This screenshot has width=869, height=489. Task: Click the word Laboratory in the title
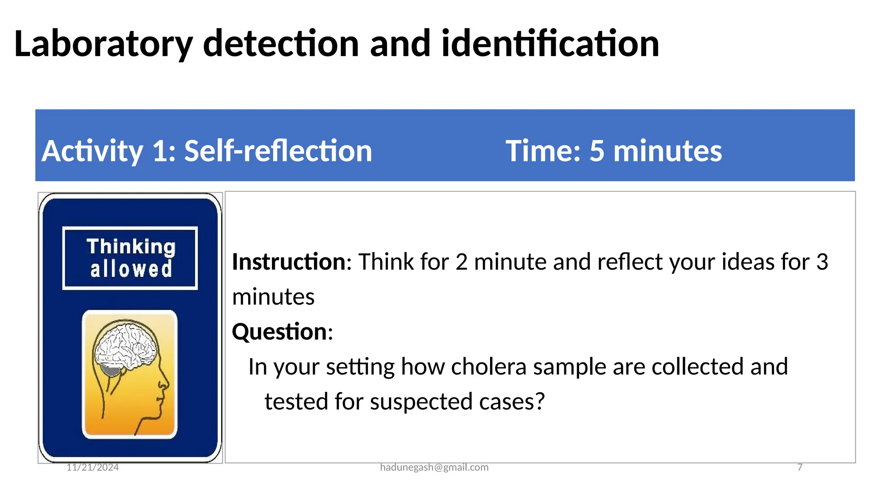pyautogui.click(x=103, y=45)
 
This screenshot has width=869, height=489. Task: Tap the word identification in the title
pyautogui.click(x=550, y=44)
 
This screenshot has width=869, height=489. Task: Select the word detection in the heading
pyautogui.click(x=281, y=44)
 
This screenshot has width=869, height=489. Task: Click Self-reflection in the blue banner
pyautogui.click(x=278, y=151)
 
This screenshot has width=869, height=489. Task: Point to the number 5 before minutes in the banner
pyautogui.click(x=596, y=151)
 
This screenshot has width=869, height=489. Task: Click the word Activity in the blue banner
pyautogui.click(x=92, y=152)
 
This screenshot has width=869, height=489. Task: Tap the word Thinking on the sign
pyautogui.click(x=131, y=247)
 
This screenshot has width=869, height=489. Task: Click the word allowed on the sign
pyautogui.click(x=131, y=270)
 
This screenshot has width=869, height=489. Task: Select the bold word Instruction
pyautogui.click(x=289, y=262)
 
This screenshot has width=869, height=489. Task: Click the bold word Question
pyautogui.click(x=280, y=332)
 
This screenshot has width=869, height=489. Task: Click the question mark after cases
pyautogui.click(x=540, y=401)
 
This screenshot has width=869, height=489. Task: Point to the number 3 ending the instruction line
pyautogui.click(x=822, y=262)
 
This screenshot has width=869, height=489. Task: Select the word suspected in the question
pyautogui.click(x=421, y=402)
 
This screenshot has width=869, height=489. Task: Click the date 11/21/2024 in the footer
pyautogui.click(x=93, y=467)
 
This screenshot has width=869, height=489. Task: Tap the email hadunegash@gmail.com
pyautogui.click(x=434, y=467)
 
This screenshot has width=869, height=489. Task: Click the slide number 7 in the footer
pyautogui.click(x=800, y=467)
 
